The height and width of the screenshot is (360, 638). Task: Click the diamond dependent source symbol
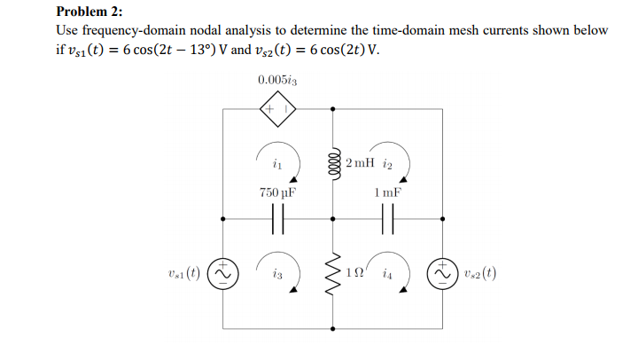[277, 109]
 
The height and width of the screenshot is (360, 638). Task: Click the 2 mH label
[362, 163]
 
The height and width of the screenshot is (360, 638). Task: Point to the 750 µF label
[277, 192]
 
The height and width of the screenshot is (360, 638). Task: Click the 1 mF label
[387, 192]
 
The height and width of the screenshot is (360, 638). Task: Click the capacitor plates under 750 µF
[277, 218]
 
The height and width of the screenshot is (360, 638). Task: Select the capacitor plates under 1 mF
[387, 218]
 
